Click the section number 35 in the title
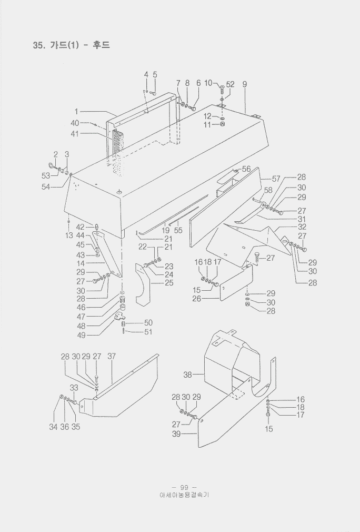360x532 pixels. (x=37, y=45)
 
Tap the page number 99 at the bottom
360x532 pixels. (x=184, y=488)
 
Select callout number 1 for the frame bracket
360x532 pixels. (x=76, y=112)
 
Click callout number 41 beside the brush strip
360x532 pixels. (x=75, y=134)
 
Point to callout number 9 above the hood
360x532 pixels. (x=245, y=84)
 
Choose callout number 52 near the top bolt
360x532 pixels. (x=230, y=84)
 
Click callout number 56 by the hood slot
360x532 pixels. (x=246, y=169)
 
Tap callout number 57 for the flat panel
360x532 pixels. (x=276, y=179)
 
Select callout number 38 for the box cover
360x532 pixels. (x=187, y=375)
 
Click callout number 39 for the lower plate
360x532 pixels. (x=176, y=434)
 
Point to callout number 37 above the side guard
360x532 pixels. (x=112, y=356)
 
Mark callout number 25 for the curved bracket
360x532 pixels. (x=169, y=283)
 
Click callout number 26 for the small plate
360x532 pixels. (x=197, y=299)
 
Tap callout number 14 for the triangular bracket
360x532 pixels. (x=81, y=263)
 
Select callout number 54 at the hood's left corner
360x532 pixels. (x=46, y=186)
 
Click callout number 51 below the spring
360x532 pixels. (x=148, y=331)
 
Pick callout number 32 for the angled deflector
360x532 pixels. (x=302, y=227)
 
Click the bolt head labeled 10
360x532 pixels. (x=222, y=89)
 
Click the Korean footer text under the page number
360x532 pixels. (x=184, y=495)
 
